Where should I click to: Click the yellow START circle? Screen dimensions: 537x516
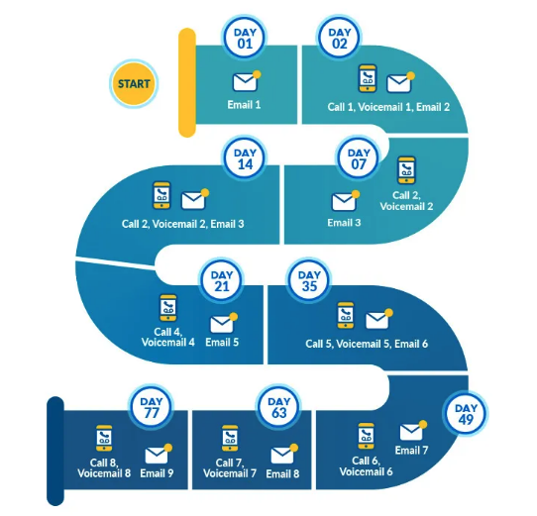(134, 84)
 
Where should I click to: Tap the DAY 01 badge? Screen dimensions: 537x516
(245, 38)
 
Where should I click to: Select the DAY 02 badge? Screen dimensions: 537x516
(339, 38)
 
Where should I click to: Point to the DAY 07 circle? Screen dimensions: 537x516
(359, 158)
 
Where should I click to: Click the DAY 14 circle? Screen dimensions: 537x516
(245, 158)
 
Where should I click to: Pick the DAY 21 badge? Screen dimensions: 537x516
(222, 280)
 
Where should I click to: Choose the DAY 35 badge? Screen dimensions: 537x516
(309, 280)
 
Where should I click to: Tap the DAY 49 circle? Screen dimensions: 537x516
(466, 414)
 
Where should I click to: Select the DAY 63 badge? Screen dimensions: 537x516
(278, 407)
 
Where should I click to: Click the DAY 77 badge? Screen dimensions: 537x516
(151, 407)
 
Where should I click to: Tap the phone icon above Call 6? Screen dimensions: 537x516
(367, 436)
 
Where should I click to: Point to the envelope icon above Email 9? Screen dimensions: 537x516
(159, 454)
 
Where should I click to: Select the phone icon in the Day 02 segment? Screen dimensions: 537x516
(368, 78)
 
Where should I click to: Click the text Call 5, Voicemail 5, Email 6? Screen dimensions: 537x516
(367, 344)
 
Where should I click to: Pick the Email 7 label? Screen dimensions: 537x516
(411, 450)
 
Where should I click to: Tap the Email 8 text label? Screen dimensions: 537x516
(282, 473)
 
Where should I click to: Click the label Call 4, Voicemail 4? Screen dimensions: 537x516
(167, 337)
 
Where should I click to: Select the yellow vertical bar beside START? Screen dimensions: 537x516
(187, 82)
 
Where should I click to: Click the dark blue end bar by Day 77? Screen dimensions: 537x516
(55, 451)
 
